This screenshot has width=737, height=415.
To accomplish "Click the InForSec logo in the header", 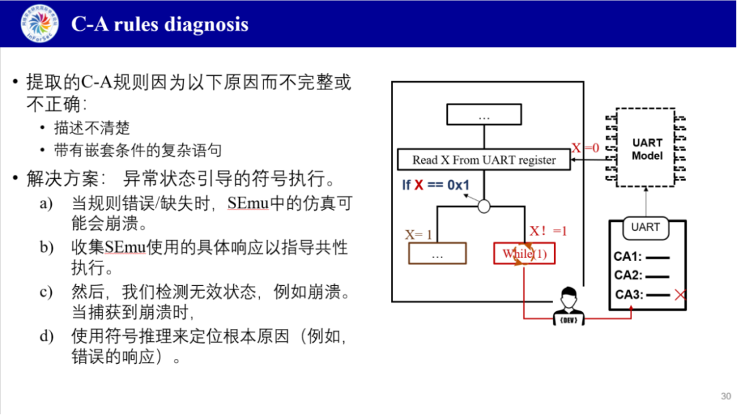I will (40, 23).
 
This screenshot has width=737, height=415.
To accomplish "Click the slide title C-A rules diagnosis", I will (160, 25).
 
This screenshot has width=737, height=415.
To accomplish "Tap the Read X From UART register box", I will (484, 160).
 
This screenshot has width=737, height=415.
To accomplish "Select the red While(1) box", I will (524, 254).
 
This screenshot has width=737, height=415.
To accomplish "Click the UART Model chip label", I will (647, 149).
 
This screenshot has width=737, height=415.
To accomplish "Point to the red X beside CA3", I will (680, 295).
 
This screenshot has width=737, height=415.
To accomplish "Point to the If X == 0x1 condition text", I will (435, 185).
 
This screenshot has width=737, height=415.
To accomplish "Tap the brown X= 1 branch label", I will (419, 235).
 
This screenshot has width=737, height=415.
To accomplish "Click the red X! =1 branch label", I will (548, 231).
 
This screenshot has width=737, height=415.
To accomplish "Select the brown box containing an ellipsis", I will (437, 254).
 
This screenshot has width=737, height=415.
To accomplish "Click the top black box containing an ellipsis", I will (484, 116).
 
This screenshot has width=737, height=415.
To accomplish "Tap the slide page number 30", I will (725, 397).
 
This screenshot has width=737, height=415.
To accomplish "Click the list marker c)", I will (46, 291).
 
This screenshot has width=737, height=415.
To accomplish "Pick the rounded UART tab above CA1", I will (645, 227).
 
